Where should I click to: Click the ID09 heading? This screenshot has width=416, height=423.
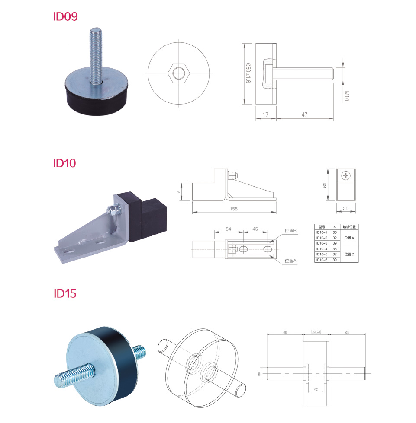coord(65,17)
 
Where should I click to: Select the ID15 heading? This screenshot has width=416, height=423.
coord(65,294)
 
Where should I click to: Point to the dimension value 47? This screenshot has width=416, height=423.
coord(305,115)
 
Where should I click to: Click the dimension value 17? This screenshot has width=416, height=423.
coord(265,115)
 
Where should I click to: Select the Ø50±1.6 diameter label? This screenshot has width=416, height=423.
coord(248,73)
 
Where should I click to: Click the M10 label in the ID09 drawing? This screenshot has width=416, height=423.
coord(346,95)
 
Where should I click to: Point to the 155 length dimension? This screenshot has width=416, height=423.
coord(234,209)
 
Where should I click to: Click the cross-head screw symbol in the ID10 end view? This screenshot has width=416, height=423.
coord(346,176)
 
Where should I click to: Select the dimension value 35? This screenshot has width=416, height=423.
coord(345,208)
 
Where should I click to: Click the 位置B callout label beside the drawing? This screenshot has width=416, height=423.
coord(290,231)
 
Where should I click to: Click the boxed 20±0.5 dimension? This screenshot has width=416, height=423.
coord(316,331)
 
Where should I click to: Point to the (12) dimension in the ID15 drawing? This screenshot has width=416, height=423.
coord(316,390)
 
